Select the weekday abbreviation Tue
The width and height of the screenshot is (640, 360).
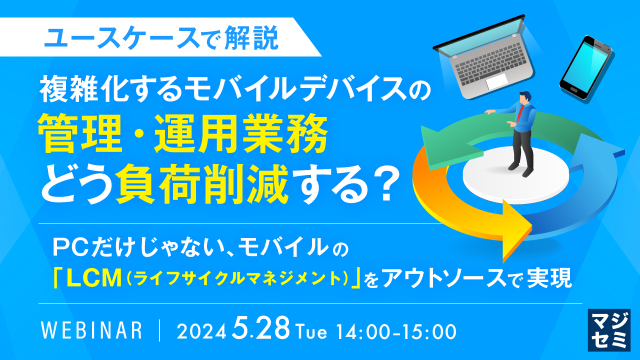(x=312, y=331)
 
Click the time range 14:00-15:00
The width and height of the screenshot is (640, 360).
(x=396, y=331)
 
